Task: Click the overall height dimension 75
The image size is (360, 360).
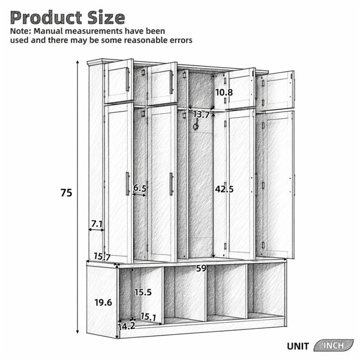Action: click(67, 193)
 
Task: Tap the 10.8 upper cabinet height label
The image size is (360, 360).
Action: click(224, 92)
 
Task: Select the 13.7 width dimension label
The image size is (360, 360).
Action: click(201, 115)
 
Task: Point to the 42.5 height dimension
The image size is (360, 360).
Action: click(224, 189)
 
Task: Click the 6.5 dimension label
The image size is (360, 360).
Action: click(140, 188)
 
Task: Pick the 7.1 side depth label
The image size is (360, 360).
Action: click(97, 224)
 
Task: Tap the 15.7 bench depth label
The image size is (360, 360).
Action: click(102, 257)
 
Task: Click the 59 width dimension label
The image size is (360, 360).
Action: click(202, 268)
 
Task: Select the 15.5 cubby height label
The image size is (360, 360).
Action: click(143, 292)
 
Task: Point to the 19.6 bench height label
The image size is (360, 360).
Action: click(103, 302)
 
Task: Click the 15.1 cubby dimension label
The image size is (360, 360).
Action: click(148, 317)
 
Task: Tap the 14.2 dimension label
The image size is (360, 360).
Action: click(127, 326)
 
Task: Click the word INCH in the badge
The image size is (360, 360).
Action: click(334, 346)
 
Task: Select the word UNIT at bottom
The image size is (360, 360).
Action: click(298, 346)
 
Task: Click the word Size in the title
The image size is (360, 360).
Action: click(106, 18)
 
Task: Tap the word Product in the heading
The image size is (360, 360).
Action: click(46, 18)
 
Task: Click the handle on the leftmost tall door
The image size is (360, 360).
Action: click(128, 184)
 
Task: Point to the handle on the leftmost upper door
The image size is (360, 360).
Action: click(128, 79)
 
